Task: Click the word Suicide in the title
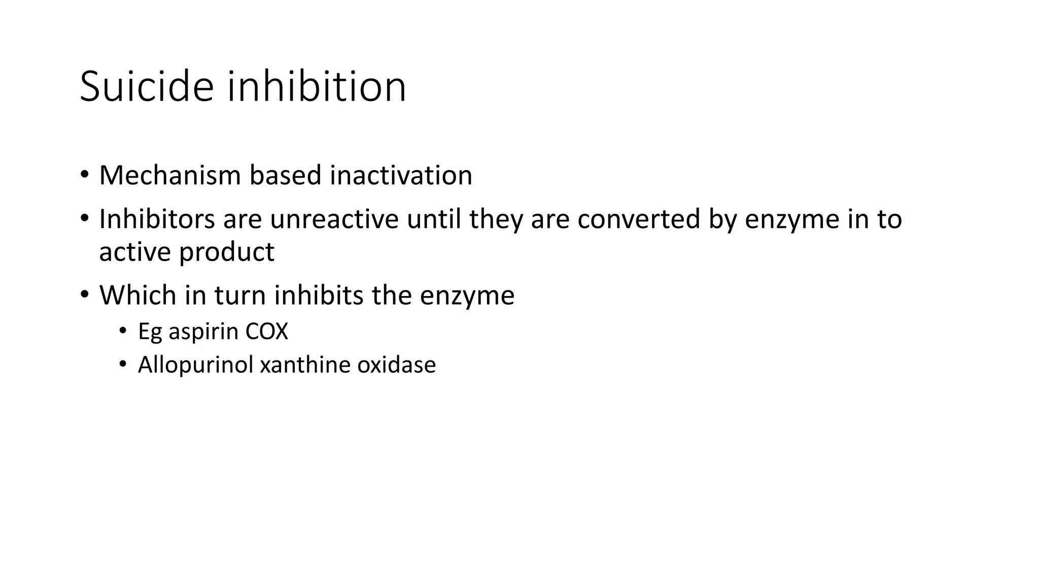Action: [x=147, y=86]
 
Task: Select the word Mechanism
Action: [x=170, y=175]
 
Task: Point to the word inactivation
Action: [x=401, y=175]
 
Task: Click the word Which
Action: [x=137, y=295]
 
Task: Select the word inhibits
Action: [x=319, y=295]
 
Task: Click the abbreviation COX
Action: [x=266, y=332]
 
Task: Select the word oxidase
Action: [x=396, y=365]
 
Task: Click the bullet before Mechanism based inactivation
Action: [x=84, y=175]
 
